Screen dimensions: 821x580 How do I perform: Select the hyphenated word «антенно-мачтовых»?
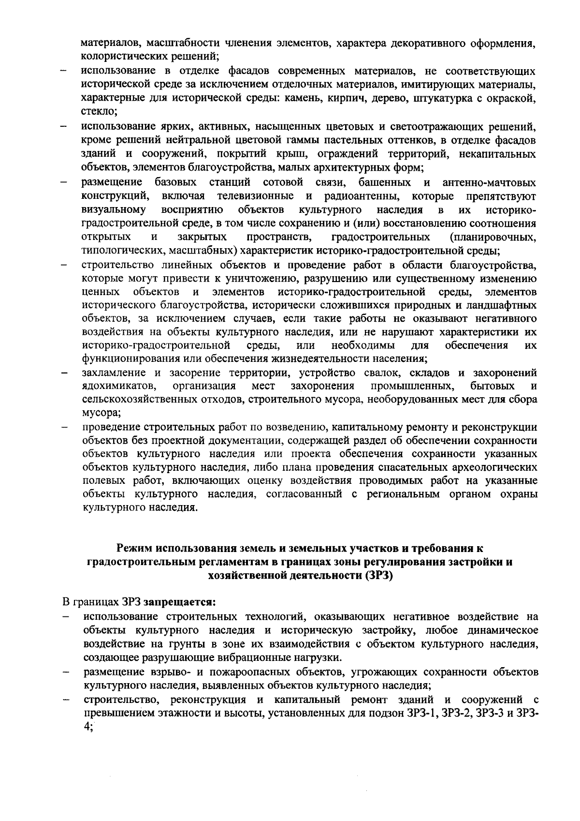pyautogui.click(x=489, y=183)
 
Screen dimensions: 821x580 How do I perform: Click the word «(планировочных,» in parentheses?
pyautogui.click(x=492, y=237)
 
